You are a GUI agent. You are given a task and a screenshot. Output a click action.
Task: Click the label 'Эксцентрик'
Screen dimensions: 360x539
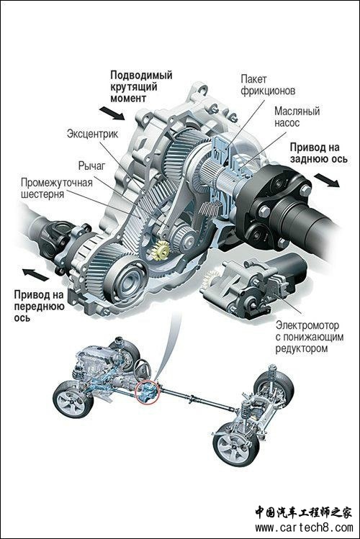pyautogui.click(x=92, y=133)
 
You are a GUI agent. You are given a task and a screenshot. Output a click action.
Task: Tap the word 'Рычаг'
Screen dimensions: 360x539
pyautogui.click(x=91, y=166)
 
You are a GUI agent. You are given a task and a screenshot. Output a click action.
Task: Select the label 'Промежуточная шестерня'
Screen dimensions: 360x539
pyautogui.click(x=57, y=188)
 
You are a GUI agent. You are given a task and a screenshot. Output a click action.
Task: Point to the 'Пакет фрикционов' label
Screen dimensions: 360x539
pyautogui.click(x=268, y=85)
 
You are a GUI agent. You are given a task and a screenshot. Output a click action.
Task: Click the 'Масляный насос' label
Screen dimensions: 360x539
pyautogui.click(x=297, y=117)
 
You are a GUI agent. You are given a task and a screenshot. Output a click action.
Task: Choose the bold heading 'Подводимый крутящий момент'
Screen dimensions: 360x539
pyautogui.click(x=141, y=86)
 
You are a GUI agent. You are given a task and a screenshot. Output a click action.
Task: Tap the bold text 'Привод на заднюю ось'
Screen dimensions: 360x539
pyautogui.click(x=318, y=153)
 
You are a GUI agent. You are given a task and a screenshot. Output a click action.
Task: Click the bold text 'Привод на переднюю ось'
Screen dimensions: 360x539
pyautogui.click(x=39, y=306)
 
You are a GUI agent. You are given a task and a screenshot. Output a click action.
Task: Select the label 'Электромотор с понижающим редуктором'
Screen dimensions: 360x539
pyautogui.click(x=310, y=337)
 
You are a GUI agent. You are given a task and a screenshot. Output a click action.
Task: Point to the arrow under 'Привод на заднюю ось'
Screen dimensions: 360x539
pyautogui.click(x=327, y=180)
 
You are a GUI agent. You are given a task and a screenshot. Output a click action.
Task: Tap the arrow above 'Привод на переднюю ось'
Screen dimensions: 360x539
pyautogui.click(x=36, y=274)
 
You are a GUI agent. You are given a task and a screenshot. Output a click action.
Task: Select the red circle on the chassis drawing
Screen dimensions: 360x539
pyautogui.click(x=148, y=391)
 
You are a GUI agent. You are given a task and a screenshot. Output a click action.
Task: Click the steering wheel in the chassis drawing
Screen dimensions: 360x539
pyautogui.click(x=142, y=369)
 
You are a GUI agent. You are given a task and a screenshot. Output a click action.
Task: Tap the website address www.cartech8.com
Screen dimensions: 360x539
pyautogui.click(x=304, y=527)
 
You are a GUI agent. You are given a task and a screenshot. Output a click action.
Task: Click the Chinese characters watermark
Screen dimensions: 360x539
pyautogui.click(x=304, y=513)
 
